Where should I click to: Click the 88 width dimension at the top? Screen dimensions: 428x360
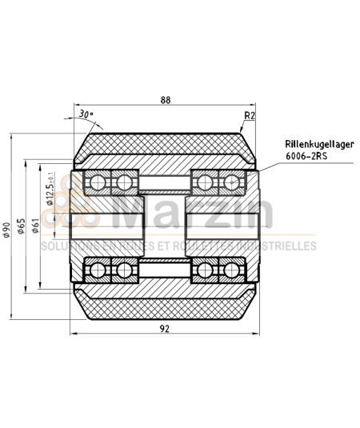pos(166,100)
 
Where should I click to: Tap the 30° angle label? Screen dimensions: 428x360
pos(86,114)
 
